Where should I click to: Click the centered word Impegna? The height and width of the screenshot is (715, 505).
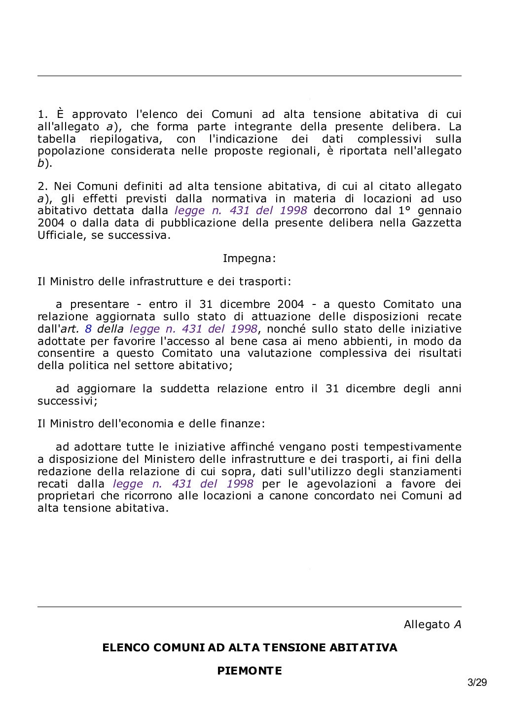point(249,258)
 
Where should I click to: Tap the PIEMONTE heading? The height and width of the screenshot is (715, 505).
point(250,671)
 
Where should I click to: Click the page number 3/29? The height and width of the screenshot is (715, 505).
point(477,683)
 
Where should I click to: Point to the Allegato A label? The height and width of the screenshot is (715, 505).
point(433,625)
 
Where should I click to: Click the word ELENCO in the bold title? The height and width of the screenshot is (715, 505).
point(126,647)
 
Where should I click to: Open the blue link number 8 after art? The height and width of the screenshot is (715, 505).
point(88,329)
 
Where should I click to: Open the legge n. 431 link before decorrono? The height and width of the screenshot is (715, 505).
point(241,211)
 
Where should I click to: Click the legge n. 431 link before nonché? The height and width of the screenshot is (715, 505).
point(193,329)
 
